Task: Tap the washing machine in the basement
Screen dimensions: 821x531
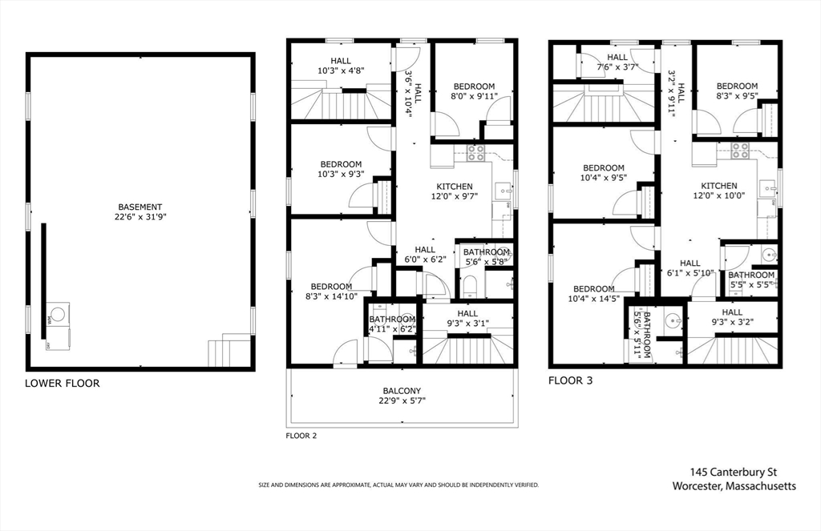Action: pos(58,315)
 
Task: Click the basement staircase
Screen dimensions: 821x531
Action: pos(229,351)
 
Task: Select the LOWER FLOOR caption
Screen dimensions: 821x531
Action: pos(63,384)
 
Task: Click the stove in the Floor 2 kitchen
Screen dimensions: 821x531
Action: pos(476,152)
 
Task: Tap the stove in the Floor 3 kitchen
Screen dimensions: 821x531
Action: pos(740,150)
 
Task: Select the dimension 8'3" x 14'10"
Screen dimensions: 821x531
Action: pos(331,296)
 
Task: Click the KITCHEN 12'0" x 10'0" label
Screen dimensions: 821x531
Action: pos(719,191)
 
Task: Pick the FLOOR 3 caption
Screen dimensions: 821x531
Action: pos(570,381)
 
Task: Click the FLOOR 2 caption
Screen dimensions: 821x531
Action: pos(301,435)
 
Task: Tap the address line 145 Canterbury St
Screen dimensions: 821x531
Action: pos(733,473)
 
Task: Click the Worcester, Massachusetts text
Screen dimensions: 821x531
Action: pos(734,486)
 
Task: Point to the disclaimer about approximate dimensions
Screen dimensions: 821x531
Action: pos(398,485)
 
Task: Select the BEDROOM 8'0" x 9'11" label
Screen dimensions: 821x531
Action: pos(474,91)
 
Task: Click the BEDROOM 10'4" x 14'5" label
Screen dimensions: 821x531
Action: pos(594,293)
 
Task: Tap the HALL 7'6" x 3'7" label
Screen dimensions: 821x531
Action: pos(617,62)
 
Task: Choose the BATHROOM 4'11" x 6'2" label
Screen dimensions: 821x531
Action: pos(392,324)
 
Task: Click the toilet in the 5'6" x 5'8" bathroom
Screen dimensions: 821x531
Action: pos(470,287)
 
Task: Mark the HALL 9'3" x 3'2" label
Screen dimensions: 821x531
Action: pos(732,317)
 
